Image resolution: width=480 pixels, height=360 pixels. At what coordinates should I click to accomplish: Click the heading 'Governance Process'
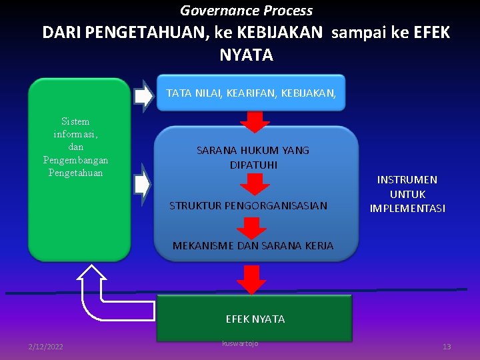(x=246, y=11)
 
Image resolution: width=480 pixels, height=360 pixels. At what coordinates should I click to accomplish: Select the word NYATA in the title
(x=246, y=55)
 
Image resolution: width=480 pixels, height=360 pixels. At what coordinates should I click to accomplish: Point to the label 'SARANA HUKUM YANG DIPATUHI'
(x=253, y=157)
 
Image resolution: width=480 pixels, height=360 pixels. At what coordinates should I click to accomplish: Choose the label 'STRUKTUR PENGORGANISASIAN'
(x=248, y=205)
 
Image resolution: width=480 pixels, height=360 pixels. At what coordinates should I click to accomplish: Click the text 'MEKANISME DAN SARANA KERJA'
(x=253, y=246)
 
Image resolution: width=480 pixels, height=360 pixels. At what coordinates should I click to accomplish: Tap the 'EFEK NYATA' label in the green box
(x=255, y=319)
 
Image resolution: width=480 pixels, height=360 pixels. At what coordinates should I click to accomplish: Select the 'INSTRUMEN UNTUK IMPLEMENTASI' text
(x=407, y=194)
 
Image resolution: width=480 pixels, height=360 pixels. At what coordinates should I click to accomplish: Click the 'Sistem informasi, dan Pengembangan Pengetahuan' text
(x=75, y=147)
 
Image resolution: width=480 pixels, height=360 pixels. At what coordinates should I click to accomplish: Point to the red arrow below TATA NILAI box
(x=254, y=122)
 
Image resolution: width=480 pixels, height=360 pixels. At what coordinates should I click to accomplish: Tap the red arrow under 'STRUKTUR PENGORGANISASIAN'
(x=252, y=227)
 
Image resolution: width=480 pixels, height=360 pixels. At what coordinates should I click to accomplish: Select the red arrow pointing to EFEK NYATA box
(x=251, y=279)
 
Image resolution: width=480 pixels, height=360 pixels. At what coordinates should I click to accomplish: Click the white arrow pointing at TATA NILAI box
(x=143, y=95)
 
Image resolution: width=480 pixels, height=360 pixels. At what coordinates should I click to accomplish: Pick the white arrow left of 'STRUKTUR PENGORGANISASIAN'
(x=142, y=185)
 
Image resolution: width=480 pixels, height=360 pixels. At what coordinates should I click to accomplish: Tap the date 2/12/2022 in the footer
(x=46, y=347)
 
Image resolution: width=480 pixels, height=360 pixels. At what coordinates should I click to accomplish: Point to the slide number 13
(x=447, y=347)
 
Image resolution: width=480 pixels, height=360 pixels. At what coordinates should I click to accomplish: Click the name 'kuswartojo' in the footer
(x=239, y=343)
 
